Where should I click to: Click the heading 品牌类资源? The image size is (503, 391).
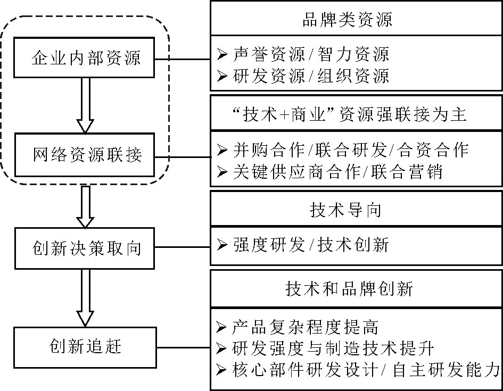click(356, 20)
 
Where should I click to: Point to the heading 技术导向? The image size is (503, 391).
click(356, 210)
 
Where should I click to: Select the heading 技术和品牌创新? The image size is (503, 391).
click(356, 288)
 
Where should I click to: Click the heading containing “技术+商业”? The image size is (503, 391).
click(356, 114)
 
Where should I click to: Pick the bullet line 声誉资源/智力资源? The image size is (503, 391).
click(311, 54)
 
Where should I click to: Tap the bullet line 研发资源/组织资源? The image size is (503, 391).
click(311, 76)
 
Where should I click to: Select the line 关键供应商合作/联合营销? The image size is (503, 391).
click(337, 172)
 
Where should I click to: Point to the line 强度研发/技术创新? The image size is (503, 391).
click(311, 245)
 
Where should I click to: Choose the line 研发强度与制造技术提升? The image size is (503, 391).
click(333, 348)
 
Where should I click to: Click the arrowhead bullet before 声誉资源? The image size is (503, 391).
click(222, 54)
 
